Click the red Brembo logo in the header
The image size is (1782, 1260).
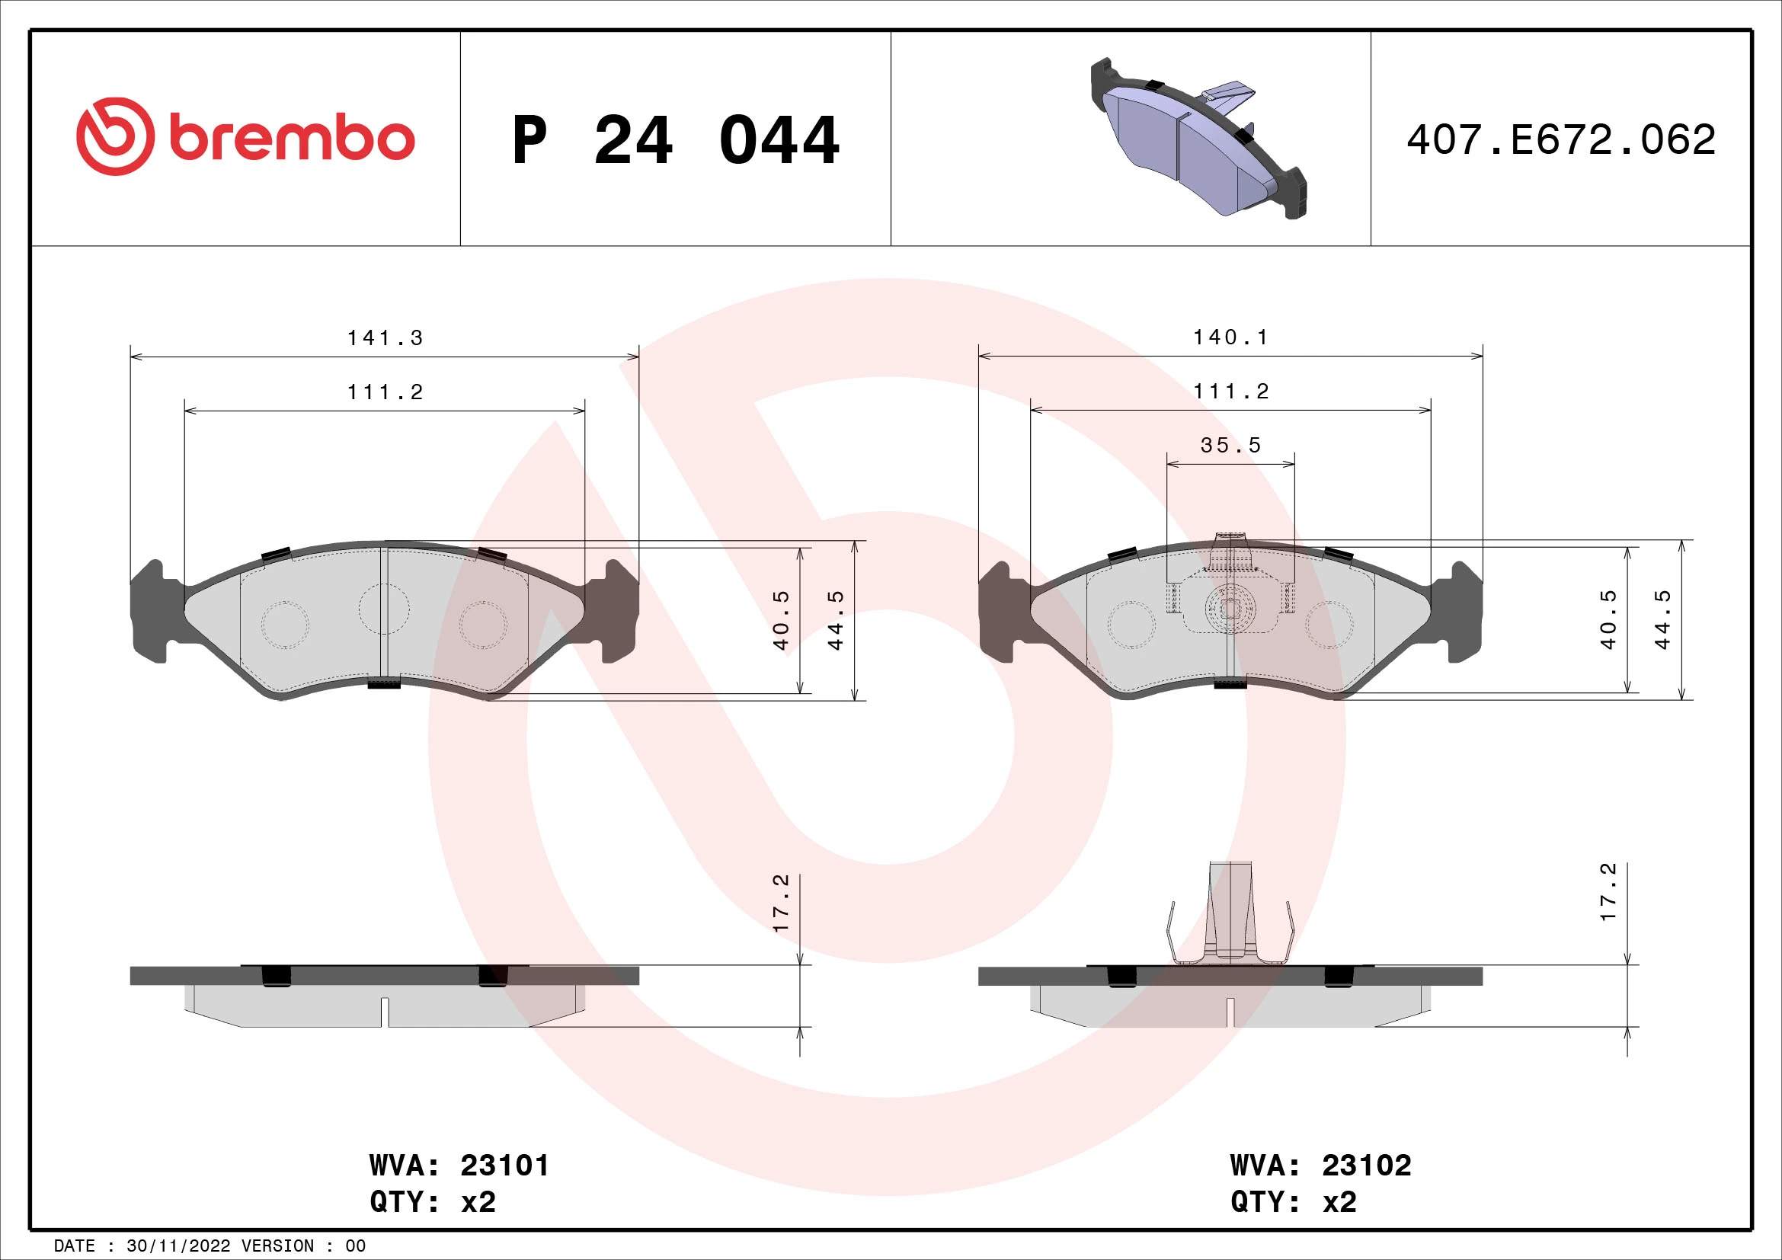[x=245, y=137]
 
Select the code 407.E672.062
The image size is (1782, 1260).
[x=1561, y=140]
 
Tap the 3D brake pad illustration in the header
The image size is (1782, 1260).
[x=1199, y=137]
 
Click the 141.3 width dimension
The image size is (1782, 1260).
[x=385, y=338]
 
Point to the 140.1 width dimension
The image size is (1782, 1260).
[x=1231, y=337]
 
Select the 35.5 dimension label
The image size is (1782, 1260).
[x=1231, y=446]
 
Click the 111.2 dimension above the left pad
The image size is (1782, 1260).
[x=385, y=392]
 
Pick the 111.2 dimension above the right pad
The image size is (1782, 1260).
[x=1231, y=392]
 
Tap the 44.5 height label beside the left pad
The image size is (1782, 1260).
[x=835, y=620]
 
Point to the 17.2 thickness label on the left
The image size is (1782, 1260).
[x=781, y=902]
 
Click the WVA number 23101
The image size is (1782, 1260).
[x=504, y=1166]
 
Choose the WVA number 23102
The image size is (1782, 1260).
[x=1367, y=1166]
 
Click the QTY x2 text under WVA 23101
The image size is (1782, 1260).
[x=432, y=1202]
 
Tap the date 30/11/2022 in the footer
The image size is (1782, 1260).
[x=178, y=1246]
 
